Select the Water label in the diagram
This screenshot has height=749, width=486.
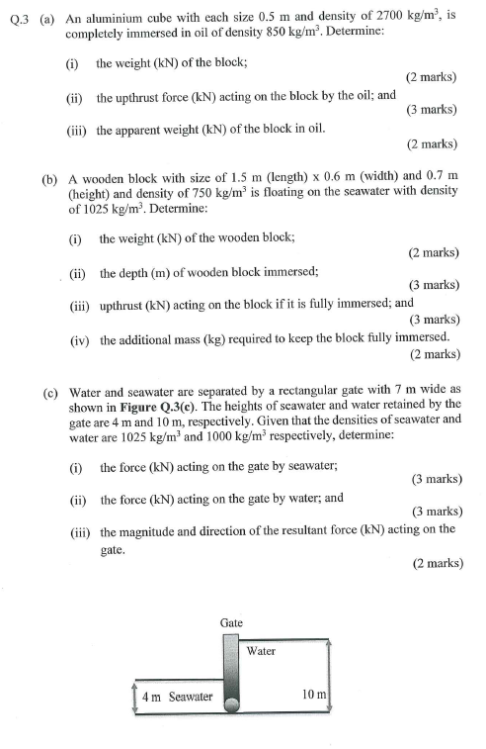tap(261, 651)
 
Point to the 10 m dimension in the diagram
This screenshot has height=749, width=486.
tap(315, 695)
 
